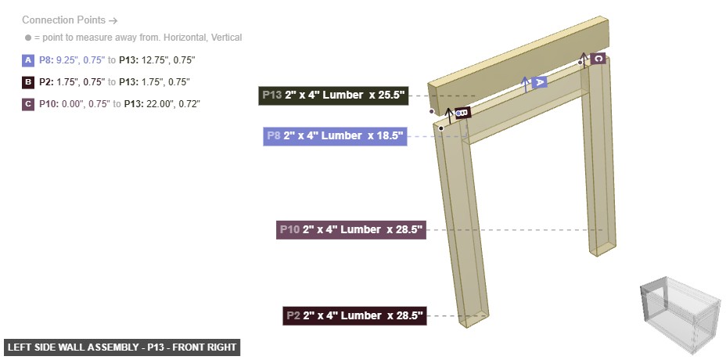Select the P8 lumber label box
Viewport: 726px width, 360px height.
pyautogui.click(x=335, y=136)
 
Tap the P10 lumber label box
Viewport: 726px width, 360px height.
pyautogui.click(x=350, y=230)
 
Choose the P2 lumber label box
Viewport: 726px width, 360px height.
pyautogui.click(x=354, y=316)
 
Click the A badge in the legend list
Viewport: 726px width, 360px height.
pyautogui.click(x=29, y=59)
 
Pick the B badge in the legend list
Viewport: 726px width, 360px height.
pyautogui.click(x=29, y=81)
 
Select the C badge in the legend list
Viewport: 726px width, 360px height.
pyautogui.click(x=29, y=103)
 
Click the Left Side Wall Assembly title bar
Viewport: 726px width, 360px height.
pyautogui.click(x=121, y=347)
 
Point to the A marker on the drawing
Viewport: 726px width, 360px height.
pyautogui.click(x=538, y=81)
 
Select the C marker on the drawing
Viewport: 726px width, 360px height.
pyautogui.click(x=598, y=59)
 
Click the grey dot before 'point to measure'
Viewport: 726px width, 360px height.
pyautogui.click(x=28, y=38)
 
